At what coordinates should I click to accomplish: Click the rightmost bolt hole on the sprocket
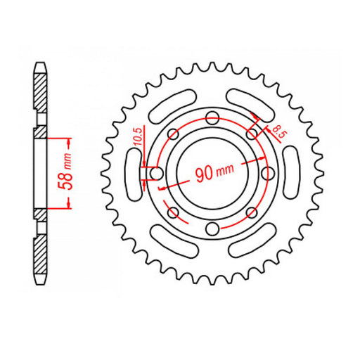(x=266, y=174)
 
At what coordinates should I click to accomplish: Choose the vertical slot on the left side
(x=131, y=173)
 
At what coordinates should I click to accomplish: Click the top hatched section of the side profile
(x=41, y=98)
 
